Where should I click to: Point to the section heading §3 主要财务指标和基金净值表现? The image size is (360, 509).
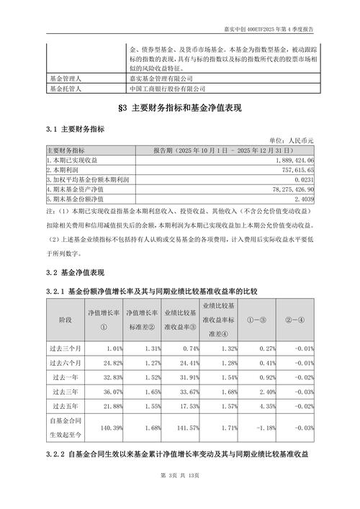click(180, 109)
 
